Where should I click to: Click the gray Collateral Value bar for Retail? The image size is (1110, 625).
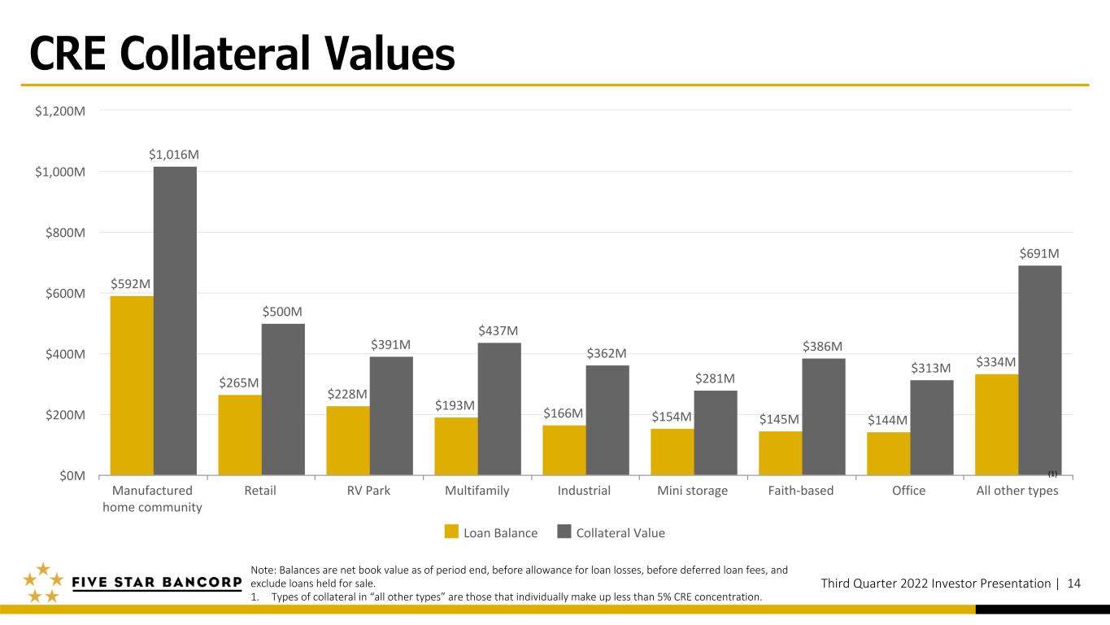pyautogui.click(x=283, y=400)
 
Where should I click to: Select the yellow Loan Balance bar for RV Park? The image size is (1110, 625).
pyautogui.click(x=348, y=440)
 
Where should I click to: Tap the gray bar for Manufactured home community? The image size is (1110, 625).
pyautogui.click(x=175, y=321)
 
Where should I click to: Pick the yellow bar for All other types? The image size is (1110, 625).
pyautogui.click(x=996, y=425)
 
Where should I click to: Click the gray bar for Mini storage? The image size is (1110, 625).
pyautogui.click(x=716, y=433)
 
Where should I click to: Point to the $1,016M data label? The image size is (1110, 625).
pyautogui.click(x=174, y=155)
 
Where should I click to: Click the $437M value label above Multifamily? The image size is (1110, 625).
pyautogui.click(x=498, y=331)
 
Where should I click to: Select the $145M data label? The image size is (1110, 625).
pyautogui.click(x=779, y=420)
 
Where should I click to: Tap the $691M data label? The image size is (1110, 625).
pyautogui.click(x=1039, y=254)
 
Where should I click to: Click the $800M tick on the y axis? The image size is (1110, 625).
pyautogui.click(x=65, y=233)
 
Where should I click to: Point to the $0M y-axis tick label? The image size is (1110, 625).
pyautogui.click(x=72, y=476)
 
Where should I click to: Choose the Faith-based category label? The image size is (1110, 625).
pyautogui.click(x=801, y=491)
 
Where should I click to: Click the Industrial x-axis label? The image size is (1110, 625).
pyautogui.click(x=584, y=491)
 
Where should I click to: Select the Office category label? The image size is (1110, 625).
pyautogui.click(x=909, y=491)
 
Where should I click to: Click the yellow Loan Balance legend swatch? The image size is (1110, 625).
pyautogui.click(x=451, y=531)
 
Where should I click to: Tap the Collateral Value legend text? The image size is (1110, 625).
pyautogui.click(x=620, y=533)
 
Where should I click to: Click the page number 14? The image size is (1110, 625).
pyautogui.click(x=1074, y=583)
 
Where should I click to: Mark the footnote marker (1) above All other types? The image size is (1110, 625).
pyautogui.click(x=1052, y=474)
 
